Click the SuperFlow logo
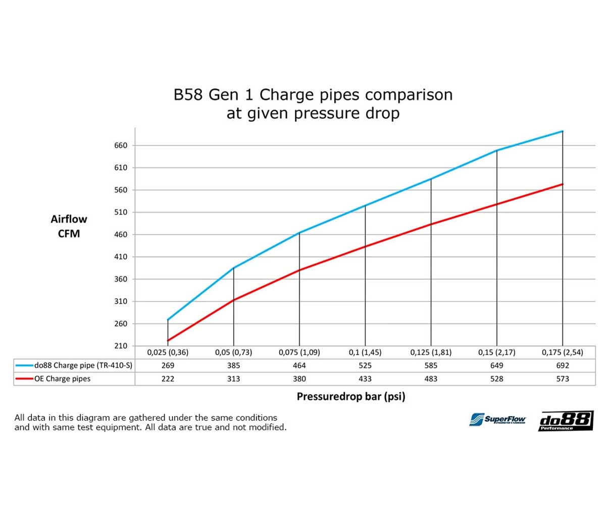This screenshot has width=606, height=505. point(498,419)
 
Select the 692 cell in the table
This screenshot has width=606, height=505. point(563,365)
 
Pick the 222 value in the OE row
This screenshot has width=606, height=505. point(168,379)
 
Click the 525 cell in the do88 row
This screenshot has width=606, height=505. point(365,365)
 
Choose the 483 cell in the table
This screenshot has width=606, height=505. point(431,379)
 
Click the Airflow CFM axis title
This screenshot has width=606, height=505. point(69,227)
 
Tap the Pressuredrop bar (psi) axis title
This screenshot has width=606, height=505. point(350,396)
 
